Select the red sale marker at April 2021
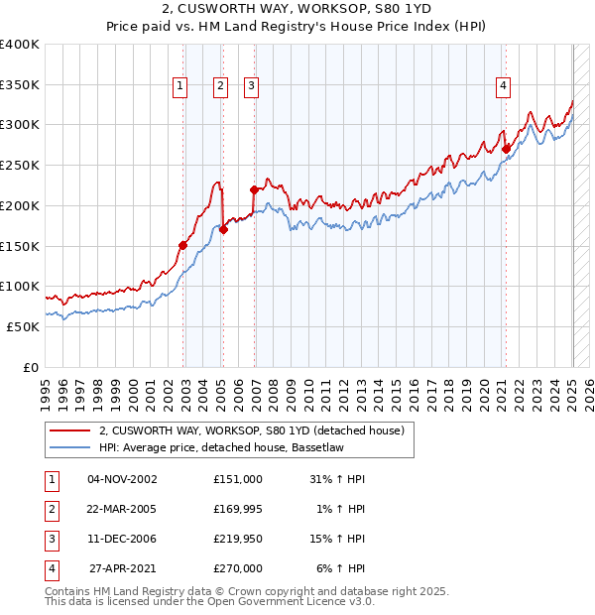coord(506,150)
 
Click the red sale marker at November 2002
coord(183,245)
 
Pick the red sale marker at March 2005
coord(223,229)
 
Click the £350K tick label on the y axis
coord(21,85)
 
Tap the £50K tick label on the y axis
coord(24,326)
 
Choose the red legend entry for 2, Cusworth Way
coord(251,431)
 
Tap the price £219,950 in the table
coord(238,540)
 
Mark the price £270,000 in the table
coord(238,569)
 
